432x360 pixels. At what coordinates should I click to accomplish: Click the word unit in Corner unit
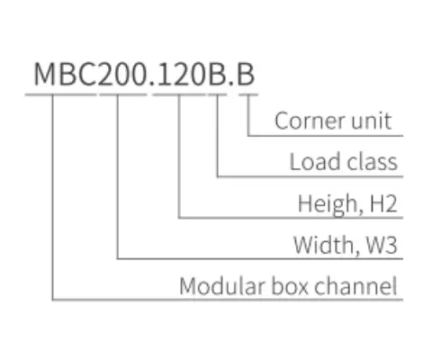click(x=372, y=121)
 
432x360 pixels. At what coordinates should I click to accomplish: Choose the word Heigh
click(x=327, y=204)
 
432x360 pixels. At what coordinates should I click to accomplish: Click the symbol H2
click(x=381, y=204)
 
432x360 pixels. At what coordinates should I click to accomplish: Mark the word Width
click(x=323, y=245)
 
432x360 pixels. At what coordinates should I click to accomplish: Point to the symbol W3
click(x=379, y=245)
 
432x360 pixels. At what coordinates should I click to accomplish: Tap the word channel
click(x=356, y=287)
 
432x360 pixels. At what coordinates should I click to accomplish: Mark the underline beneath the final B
click(x=247, y=93)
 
